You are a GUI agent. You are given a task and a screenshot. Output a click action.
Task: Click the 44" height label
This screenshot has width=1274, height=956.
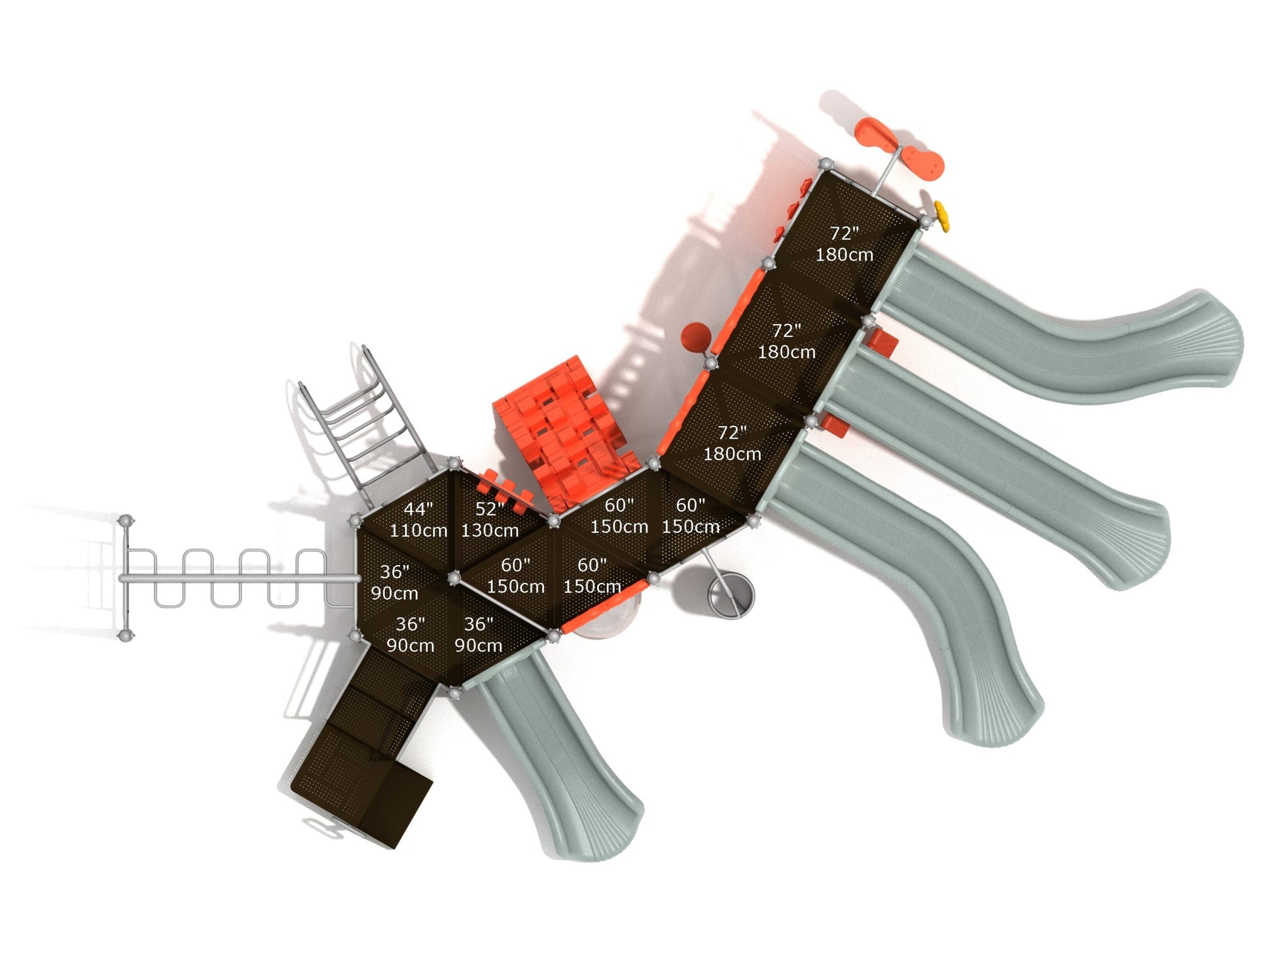point(418,509)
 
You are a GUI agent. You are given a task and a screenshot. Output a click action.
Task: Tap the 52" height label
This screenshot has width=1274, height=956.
point(490,509)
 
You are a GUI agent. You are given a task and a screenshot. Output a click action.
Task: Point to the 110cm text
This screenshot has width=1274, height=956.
point(418,530)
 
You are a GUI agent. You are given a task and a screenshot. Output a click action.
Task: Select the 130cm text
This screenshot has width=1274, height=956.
point(490,530)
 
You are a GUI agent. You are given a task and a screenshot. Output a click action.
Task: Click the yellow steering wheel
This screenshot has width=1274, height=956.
point(942,215)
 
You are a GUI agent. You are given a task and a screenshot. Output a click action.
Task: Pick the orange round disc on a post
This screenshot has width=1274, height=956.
point(695,337)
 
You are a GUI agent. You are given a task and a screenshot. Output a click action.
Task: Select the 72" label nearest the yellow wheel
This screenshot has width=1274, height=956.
point(845,234)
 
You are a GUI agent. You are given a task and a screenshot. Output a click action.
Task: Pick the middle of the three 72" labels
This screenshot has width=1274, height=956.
point(786,331)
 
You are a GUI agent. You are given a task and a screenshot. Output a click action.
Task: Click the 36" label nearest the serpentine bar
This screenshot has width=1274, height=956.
point(394,572)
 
